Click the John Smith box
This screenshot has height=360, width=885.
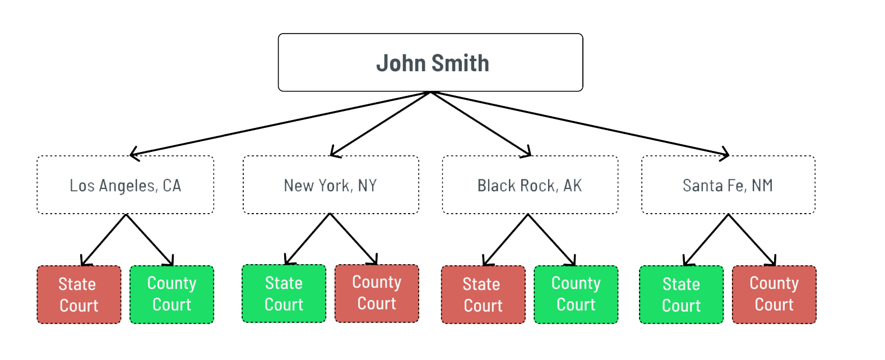click(430, 62)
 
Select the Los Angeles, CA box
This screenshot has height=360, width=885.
click(126, 185)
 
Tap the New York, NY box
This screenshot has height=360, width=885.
click(331, 185)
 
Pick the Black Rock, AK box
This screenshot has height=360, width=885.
click(530, 185)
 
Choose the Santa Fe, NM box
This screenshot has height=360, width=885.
click(728, 185)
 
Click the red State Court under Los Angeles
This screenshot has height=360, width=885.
click(79, 295)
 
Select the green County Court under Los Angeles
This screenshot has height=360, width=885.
click(172, 295)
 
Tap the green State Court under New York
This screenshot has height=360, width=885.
click(284, 294)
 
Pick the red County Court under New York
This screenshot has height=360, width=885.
click(377, 294)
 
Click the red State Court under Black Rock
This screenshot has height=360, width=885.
click(483, 295)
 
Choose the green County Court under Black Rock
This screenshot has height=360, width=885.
click(576, 295)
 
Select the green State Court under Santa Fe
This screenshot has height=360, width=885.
click(682, 295)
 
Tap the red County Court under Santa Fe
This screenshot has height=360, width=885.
click(775, 295)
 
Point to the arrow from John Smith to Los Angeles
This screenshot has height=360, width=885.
click(280, 124)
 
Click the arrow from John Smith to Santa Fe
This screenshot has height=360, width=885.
click(580, 124)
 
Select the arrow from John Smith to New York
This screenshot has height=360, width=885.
click(381, 124)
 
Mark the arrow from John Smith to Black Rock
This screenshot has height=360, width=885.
click(481, 124)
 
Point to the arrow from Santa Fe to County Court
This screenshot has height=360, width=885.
click(752, 240)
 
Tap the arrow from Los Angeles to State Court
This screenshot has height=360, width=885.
click(104, 240)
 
